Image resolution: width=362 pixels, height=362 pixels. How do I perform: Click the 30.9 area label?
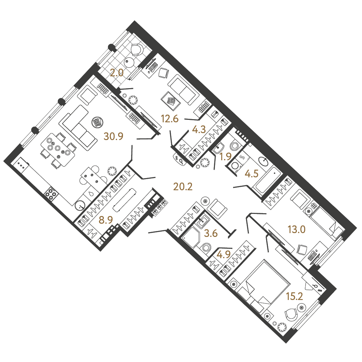point(113,137)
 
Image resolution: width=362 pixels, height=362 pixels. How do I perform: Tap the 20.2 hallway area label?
point(183,187)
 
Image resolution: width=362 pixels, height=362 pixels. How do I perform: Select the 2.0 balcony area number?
point(117,73)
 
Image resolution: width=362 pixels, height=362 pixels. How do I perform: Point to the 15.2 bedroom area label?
point(294,296)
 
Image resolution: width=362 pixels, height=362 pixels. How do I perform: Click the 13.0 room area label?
point(296,230)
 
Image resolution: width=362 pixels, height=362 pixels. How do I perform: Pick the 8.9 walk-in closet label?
point(106,220)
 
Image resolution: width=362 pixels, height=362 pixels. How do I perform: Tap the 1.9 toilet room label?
point(225,157)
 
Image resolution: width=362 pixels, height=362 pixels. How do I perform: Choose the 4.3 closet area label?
point(199,130)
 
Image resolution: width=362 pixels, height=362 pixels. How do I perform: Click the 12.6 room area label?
point(170,119)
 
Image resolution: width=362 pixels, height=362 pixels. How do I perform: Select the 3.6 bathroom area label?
point(211,233)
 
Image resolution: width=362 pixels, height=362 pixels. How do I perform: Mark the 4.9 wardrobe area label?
point(224,254)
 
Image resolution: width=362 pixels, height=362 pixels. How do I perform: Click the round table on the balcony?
point(129,62)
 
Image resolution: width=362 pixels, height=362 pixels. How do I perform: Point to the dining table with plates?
point(58,149)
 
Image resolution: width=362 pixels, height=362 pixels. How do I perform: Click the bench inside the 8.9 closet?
point(124,200)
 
